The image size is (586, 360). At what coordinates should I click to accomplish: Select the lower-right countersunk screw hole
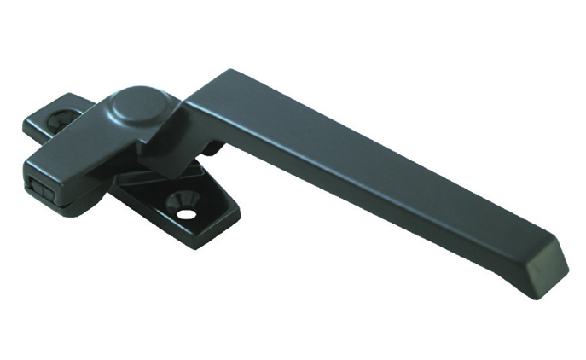183,206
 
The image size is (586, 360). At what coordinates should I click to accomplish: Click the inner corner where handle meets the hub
184,111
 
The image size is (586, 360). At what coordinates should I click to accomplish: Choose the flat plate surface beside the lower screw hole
209,212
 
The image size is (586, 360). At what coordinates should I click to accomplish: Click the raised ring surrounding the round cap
115,107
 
